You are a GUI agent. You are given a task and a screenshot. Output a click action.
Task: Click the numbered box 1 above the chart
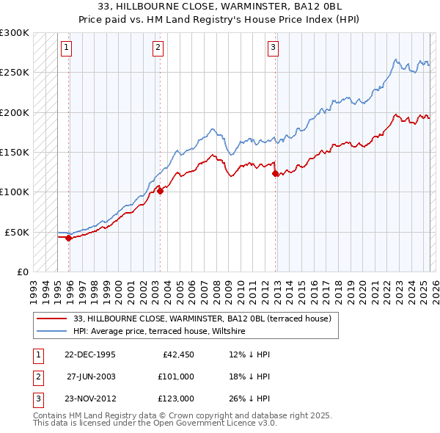tap(66, 48)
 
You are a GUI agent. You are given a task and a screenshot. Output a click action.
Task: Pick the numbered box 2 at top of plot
tap(158, 48)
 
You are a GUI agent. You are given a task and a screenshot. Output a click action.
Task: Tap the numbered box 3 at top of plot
tap(273, 48)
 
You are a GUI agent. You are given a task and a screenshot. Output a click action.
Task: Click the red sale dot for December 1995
tap(68, 238)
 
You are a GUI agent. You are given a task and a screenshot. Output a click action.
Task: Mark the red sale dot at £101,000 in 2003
tap(160, 192)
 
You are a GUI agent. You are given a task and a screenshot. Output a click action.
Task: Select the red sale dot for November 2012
tap(275, 174)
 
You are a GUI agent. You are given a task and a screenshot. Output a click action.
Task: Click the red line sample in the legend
tap(53, 319)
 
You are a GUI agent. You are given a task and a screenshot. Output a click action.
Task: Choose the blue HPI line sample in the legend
tap(53, 332)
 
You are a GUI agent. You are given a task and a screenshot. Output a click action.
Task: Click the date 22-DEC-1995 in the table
tap(90, 354)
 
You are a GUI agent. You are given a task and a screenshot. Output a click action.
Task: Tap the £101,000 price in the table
tap(176, 376)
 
